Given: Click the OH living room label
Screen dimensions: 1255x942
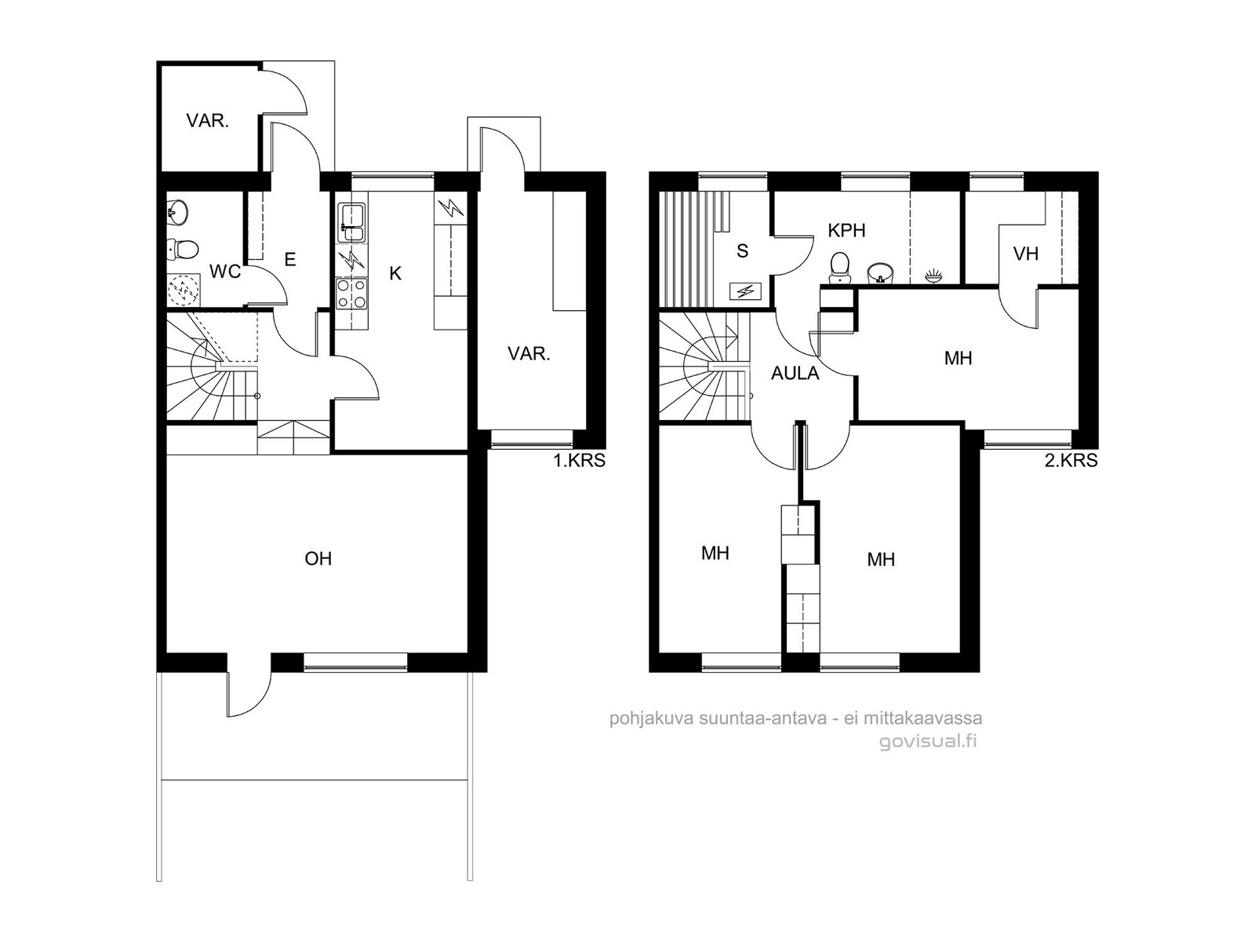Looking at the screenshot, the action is coord(318,559).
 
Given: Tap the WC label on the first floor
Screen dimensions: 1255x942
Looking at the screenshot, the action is coord(225,272).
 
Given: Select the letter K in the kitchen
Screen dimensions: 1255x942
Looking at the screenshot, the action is coord(395,274).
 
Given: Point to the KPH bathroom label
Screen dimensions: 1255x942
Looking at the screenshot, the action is coord(847,231).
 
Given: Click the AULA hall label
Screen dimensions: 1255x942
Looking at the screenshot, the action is coord(795,374).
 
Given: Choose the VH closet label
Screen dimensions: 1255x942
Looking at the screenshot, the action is coord(1026,254).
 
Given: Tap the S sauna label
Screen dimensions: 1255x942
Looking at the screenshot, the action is coord(742,250).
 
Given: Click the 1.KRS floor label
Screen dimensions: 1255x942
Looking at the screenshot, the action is coord(579,460).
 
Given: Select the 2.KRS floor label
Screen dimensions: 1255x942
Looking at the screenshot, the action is coord(1071,460).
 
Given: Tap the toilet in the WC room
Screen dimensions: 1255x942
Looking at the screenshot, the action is coord(183,250).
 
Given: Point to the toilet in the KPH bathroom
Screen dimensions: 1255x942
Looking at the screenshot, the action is coord(840,268).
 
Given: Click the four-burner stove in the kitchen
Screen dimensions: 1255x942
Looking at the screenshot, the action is coord(351,294).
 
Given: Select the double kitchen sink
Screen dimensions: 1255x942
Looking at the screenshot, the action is coord(351,222).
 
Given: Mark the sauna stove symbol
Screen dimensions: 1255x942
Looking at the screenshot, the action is coord(746,292).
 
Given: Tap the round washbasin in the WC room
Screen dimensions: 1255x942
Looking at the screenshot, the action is coord(177,212).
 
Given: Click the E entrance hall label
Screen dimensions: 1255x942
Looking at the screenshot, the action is coord(290,260).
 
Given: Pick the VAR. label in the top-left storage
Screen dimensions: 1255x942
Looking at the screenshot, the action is coord(208,121).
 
